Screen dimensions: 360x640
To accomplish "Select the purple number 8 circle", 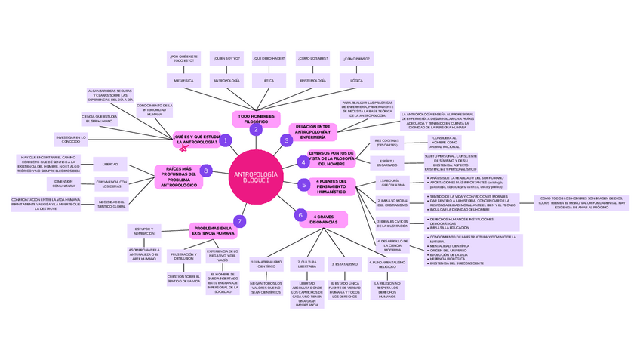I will pos(206,171).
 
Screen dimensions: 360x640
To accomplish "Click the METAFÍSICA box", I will pos(183,80).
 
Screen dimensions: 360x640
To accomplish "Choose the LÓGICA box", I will pos(356,80).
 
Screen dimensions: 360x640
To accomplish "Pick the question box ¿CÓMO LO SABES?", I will pos(312,58).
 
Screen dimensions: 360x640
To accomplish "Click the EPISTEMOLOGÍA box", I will pos(312,80).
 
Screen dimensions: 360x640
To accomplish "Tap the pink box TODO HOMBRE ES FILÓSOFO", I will pos(257,118).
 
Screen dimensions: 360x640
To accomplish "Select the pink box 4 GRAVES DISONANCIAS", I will pos(323,220).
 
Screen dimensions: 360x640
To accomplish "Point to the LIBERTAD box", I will pos(110,164).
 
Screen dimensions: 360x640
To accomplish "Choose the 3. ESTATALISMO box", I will pos(344,264).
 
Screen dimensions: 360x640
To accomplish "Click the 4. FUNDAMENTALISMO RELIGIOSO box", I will pos(387,264).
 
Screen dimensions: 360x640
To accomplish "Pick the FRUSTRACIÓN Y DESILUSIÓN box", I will pos(183,257).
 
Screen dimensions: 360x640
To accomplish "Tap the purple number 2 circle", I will pos(256,130).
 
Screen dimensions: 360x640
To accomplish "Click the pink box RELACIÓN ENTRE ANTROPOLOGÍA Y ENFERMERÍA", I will pos(312,132).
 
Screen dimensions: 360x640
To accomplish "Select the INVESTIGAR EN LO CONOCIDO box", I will pos(70,140).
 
